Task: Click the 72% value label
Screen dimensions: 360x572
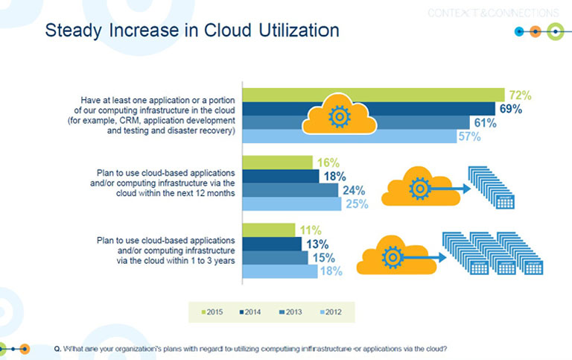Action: (x=519, y=95)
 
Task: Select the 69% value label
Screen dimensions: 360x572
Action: (x=510, y=109)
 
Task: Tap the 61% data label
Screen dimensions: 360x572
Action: (x=484, y=123)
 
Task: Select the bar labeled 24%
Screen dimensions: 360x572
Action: (x=290, y=190)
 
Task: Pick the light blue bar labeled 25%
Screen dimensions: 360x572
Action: (x=293, y=203)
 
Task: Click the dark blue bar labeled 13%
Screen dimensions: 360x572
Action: (x=272, y=244)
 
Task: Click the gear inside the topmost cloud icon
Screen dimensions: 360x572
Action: (x=339, y=117)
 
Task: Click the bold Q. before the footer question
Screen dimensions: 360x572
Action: (x=57, y=348)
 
